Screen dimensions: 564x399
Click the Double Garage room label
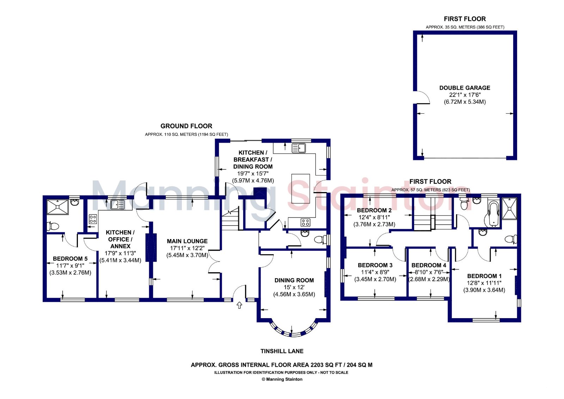coord(465,88)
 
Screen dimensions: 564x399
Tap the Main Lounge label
coord(187,241)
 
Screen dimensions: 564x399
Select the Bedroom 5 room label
coord(70,258)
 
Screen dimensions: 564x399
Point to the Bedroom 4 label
coord(429,265)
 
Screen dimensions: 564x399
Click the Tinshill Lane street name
coord(282,351)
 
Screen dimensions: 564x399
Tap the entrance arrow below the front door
coord(239,305)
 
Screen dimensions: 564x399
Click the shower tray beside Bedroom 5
coord(58,207)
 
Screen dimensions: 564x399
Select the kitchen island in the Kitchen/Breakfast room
coord(301,189)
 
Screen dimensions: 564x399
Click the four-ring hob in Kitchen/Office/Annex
coord(93,219)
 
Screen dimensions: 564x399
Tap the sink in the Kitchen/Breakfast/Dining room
coord(299,148)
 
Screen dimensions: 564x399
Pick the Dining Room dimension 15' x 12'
coord(294,287)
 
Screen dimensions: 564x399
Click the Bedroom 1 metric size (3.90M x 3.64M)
coord(484,290)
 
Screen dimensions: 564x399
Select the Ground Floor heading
coord(186,126)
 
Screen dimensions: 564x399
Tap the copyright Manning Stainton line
coord(282,379)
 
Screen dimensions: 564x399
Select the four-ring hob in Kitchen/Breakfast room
coord(305,222)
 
